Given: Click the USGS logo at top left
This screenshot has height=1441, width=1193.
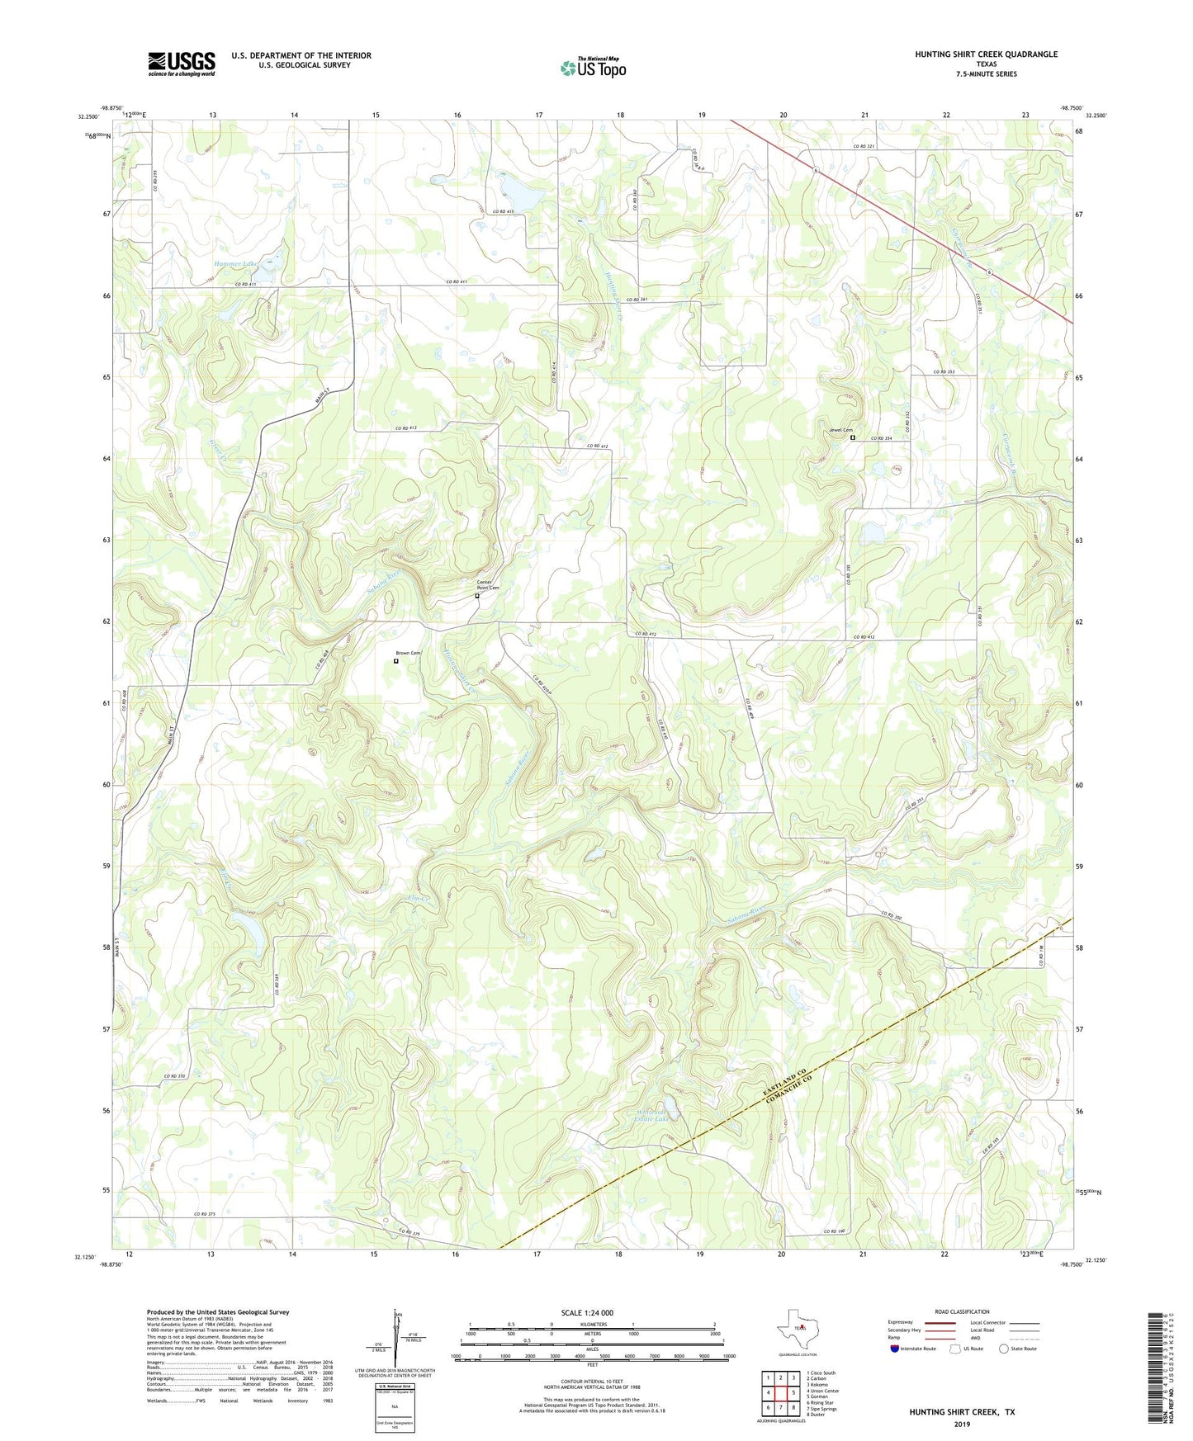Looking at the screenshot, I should point(182,64).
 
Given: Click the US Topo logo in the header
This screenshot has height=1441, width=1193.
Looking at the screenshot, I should point(593,68).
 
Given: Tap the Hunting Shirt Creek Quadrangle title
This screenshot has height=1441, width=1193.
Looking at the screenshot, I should point(985,54).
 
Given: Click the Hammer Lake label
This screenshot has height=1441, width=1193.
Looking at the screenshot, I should point(236,263).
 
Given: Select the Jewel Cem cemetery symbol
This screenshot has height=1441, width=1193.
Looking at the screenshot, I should point(854,438).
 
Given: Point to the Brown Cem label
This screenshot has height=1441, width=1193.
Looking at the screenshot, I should point(408,653).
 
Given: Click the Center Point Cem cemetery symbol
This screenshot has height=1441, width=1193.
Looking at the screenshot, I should point(477,595).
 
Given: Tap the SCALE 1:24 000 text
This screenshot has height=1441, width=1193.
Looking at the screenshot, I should point(587,1312).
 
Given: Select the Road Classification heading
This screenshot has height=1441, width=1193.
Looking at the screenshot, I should point(962,1311).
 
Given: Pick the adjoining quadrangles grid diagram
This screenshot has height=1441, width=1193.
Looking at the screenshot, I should point(780,1392).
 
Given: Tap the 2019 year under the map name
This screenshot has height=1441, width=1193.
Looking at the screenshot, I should point(962,1424).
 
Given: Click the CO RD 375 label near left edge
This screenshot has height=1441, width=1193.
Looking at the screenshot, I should point(205,1214).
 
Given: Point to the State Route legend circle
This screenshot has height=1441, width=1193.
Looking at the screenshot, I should point(1004,1349).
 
